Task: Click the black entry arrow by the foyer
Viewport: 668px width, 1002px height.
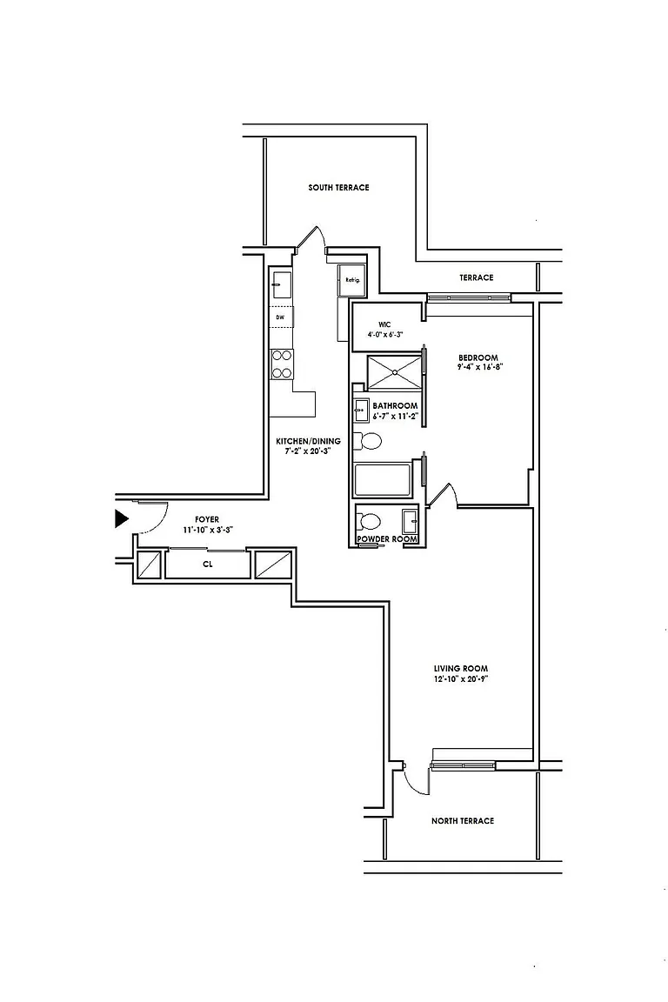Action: tap(122, 519)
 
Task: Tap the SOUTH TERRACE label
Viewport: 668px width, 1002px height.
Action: tap(338, 188)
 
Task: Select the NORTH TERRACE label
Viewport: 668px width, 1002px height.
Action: tap(463, 821)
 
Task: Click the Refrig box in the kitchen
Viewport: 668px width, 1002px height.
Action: tap(352, 280)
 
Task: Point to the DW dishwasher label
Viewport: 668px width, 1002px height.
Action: tap(280, 317)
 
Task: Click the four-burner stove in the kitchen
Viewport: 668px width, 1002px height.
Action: tap(282, 364)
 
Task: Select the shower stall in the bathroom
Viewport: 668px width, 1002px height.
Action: tap(394, 371)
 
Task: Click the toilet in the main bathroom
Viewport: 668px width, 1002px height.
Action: tap(368, 441)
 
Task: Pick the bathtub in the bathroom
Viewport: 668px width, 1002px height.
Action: tap(383, 480)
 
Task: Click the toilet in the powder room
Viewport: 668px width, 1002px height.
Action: tap(370, 522)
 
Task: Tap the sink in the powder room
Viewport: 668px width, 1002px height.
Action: tap(410, 522)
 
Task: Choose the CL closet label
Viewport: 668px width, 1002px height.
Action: tap(208, 564)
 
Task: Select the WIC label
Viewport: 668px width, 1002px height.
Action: tap(384, 324)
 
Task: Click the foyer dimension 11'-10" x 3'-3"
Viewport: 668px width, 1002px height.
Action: tap(208, 530)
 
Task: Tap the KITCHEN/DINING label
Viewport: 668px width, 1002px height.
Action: tap(309, 441)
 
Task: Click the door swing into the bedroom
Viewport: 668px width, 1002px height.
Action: tap(446, 495)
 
